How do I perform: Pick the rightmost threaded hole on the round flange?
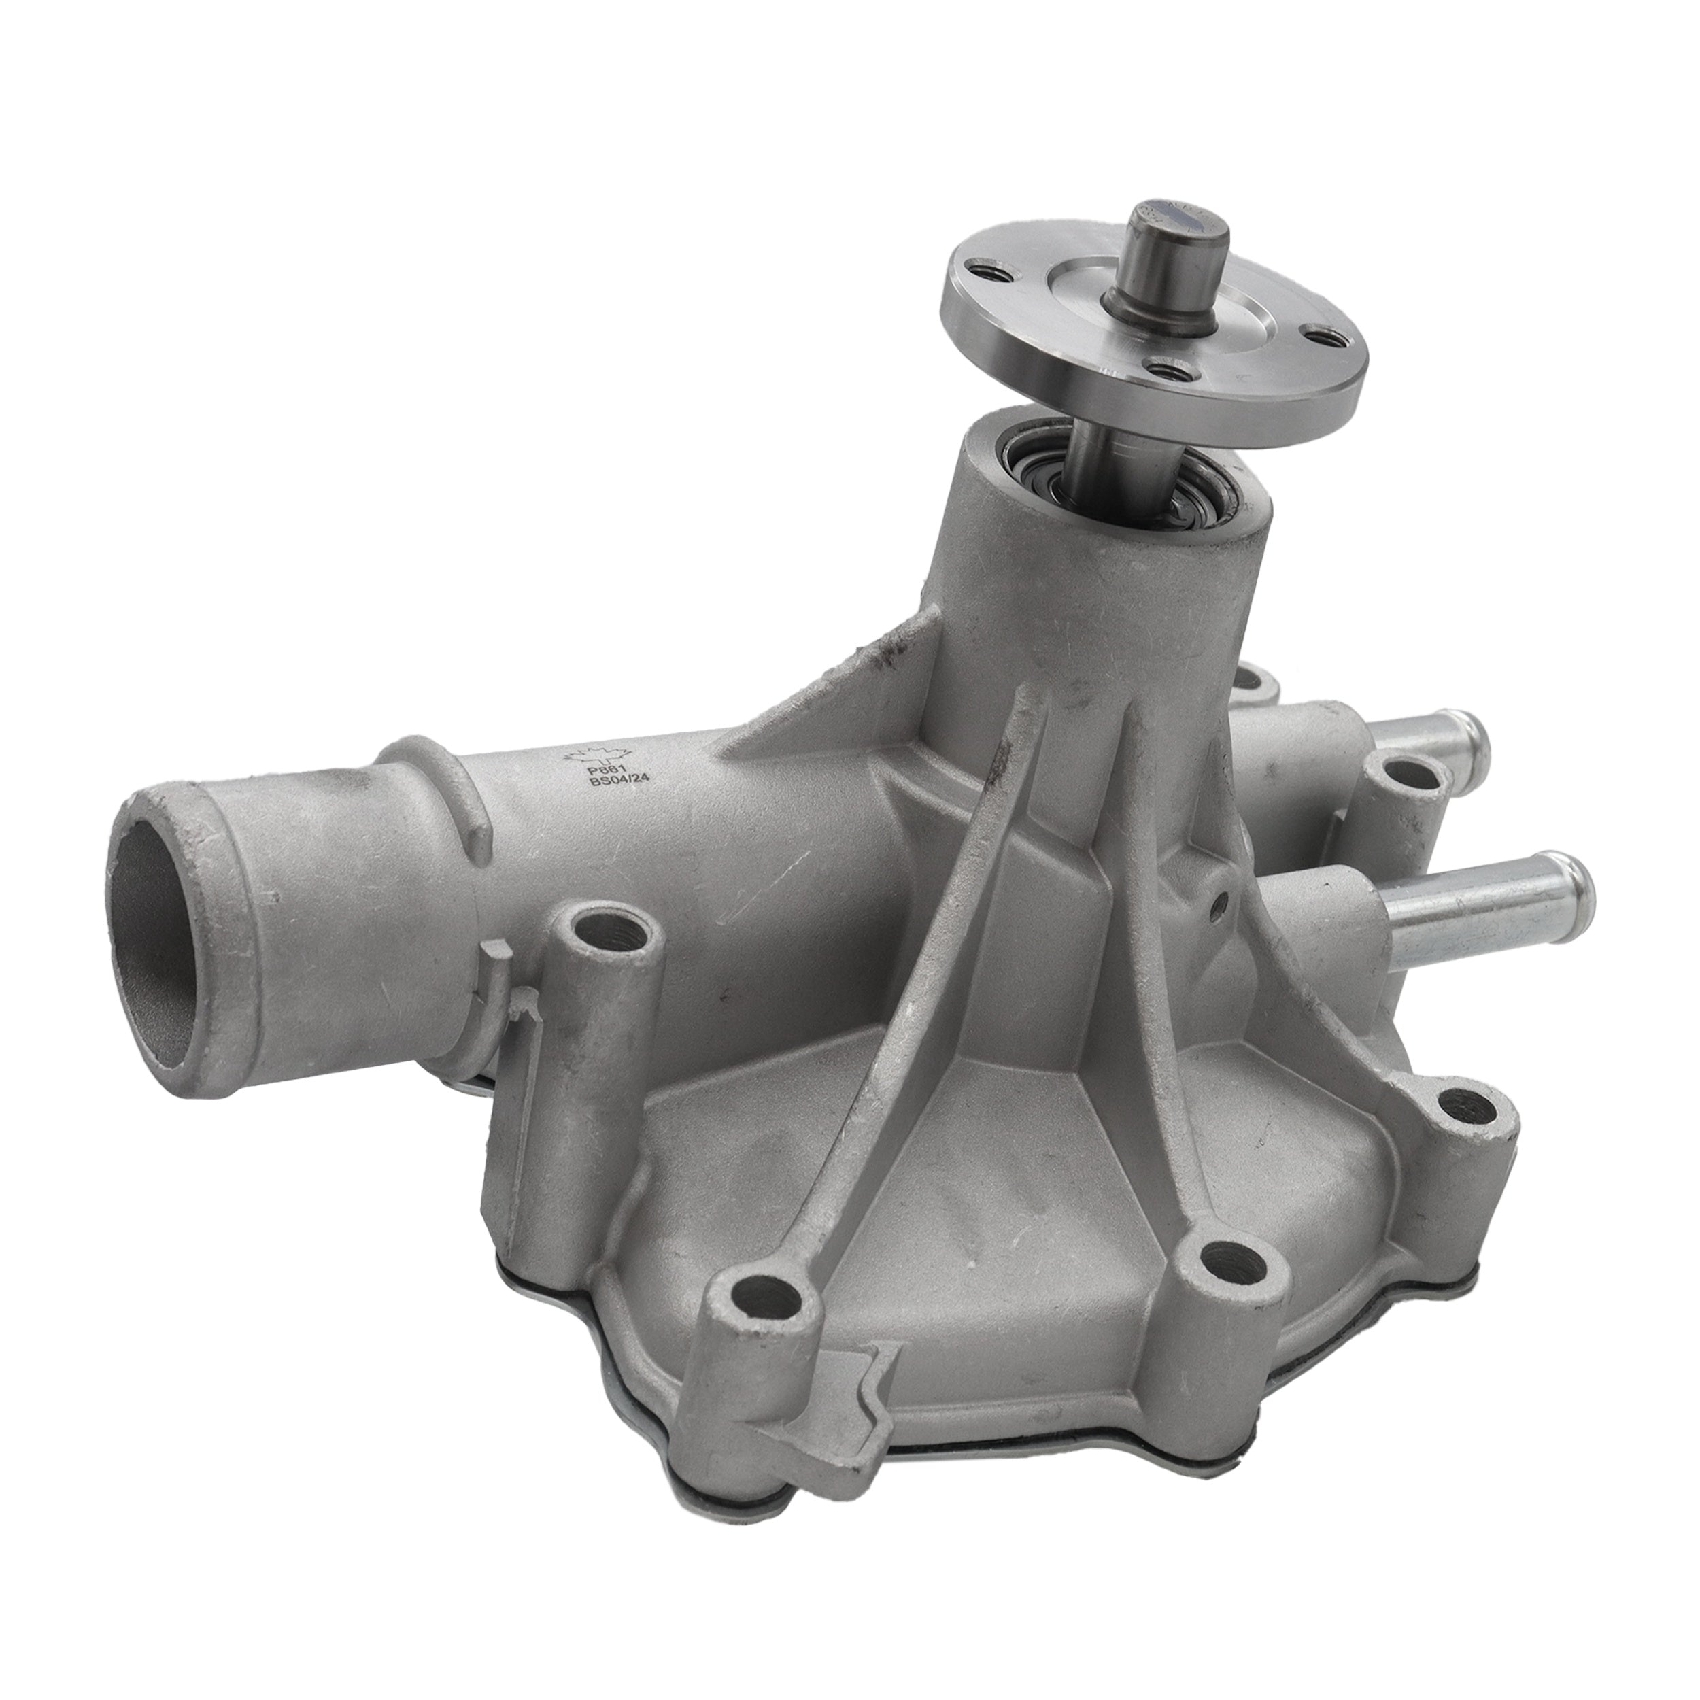pyautogui.click(x=1319, y=335)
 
